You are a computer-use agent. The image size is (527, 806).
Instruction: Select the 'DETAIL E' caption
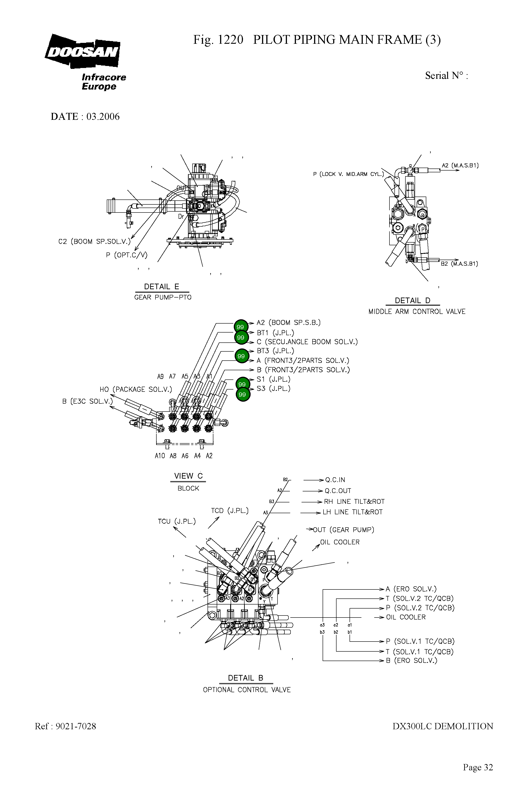click(x=162, y=287)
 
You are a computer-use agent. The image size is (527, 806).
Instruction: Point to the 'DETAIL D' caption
click(x=412, y=300)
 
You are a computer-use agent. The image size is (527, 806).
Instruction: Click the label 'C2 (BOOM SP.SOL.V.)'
click(x=94, y=241)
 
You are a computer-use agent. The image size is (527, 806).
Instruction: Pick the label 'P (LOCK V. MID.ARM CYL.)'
click(x=348, y=174)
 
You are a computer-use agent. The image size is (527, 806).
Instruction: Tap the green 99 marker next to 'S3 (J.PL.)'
click(x=242, y=394)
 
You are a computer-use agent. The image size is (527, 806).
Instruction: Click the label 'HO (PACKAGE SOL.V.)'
click(x=136, y=390)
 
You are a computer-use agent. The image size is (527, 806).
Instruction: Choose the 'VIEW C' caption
click(x=188, y=476)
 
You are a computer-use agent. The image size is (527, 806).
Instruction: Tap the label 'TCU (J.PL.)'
click(x=177, y=521)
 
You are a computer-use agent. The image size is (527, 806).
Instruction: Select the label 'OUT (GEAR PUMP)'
click(x=343, y=530)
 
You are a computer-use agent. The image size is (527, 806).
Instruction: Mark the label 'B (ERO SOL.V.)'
click(x=411, y=660)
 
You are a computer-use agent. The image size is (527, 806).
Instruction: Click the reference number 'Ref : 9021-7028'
click(x=65, y=726)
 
